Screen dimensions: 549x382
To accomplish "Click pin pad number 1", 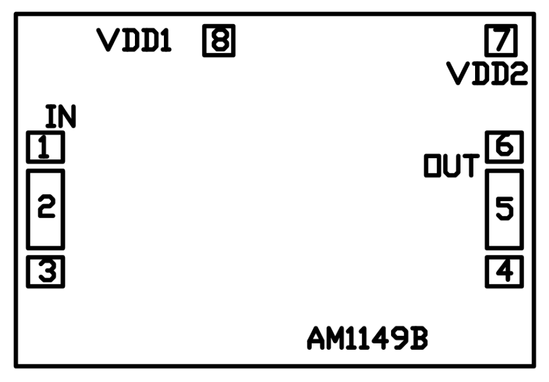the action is click(x=46, y=147).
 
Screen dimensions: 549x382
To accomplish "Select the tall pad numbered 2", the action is click(x=46, y=209).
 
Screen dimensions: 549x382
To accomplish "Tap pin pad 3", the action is click(x=46, y=272).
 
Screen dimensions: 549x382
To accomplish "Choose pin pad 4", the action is click(x=504, y=272).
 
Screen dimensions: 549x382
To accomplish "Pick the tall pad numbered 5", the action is click(x=504, y=209).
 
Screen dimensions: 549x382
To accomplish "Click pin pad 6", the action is click(x=504, y=147).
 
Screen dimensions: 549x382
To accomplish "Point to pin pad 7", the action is click(x=501, y=40).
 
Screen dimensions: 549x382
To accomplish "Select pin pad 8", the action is click(x=219, y=40).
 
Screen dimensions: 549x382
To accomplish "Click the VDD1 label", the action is click(x=134, y=40).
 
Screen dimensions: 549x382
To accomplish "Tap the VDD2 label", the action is click(x=487, y=74).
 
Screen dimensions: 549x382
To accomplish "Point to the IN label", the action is click(x=61, y=116).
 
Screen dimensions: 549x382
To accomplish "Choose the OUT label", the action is click(x=452, y=165).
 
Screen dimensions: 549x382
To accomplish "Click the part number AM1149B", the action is click(x=367, y=339).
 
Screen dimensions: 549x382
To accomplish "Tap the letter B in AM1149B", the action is click(x=419, y=339).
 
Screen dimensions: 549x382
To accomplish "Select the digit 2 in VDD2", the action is click(x=518, y=74).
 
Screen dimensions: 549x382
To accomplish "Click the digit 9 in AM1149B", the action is click(x=399, y=339).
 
